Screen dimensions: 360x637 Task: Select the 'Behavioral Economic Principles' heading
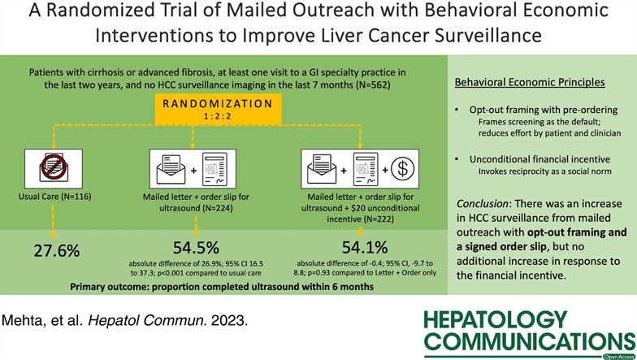[x=531, y=85]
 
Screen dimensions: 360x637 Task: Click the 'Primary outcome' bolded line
[x=222, y=288]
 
